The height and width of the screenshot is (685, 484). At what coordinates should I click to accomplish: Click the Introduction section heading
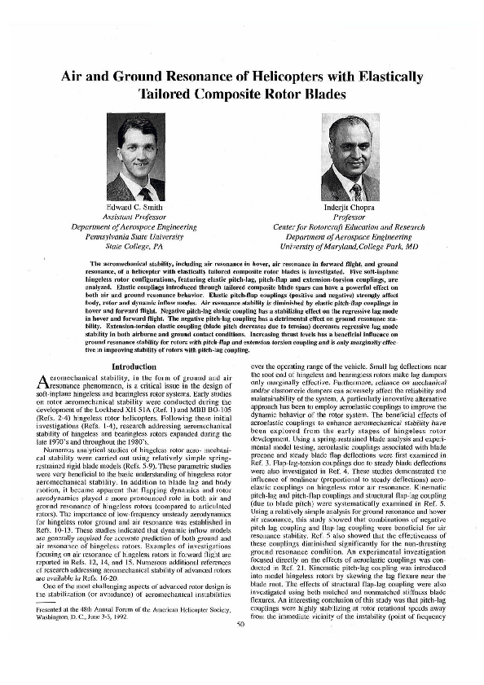[x=132, y=367]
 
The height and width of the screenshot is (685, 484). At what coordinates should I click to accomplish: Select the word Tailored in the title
[x=174, y=95]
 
